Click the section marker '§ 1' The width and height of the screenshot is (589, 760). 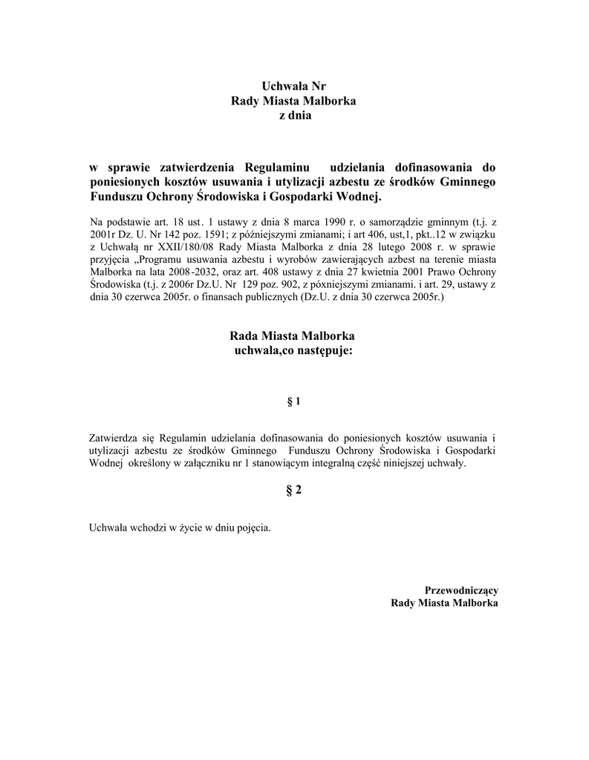click(294, 402)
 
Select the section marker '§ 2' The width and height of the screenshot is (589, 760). click(294, 491)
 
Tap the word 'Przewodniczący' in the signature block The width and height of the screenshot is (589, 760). click(461, 590)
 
